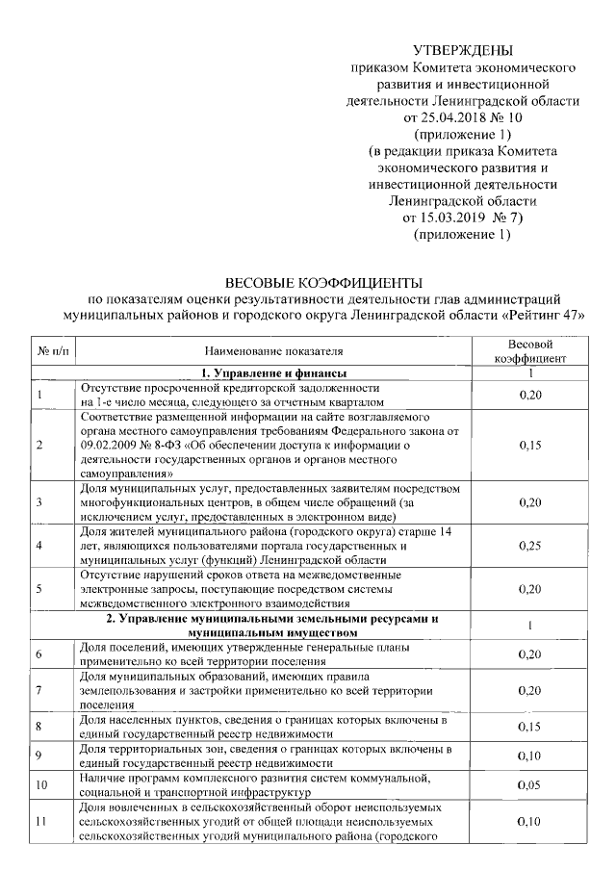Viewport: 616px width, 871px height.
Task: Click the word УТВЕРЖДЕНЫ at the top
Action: pos(463,50)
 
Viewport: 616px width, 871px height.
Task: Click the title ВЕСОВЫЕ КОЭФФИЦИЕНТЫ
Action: pos(323,283)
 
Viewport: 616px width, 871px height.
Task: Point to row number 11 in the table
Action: pos(41,821)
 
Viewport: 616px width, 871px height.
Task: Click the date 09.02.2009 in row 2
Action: pos(109,446)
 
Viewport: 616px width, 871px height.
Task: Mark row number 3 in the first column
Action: pos(39,502)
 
